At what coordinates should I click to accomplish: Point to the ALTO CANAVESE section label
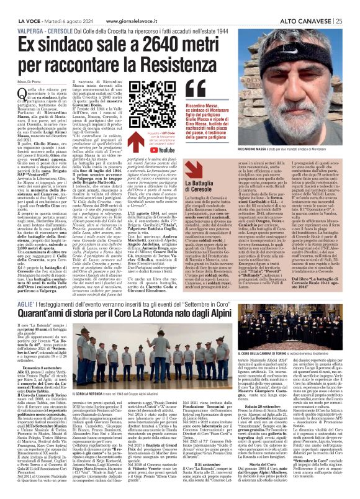[x=305, y=6]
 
